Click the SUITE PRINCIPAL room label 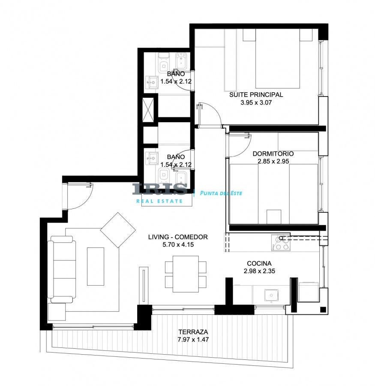[x=256, y=94]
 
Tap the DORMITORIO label [x=273, y=154]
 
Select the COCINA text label [x=259, y=263]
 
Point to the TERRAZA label [x=193, y=332]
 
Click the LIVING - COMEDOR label [x=178, y=237]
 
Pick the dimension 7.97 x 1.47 [x=193, y=340]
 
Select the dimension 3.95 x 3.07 [x=256, y=103]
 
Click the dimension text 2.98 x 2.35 [x=259, y=271]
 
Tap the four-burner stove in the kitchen [x=281, y=243]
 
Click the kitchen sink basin [x=271, y=295]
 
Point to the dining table [x=186, y=274]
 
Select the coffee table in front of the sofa [x=96, y=266]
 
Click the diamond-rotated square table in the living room [x=118, y=230]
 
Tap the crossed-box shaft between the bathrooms [x=148, y=109]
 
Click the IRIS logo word [x=159, y=189]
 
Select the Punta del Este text [x=221, y=193]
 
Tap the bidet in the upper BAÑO [x=181, y=61]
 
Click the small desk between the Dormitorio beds [x=274, y=217]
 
